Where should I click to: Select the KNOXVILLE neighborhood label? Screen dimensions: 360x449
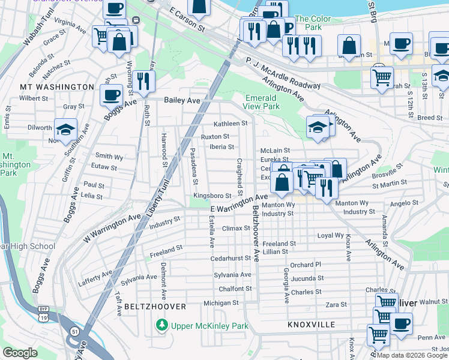(311, 324)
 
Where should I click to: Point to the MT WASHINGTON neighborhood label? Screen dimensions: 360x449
(57, 87)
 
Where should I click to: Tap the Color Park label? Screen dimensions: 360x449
(313, 23)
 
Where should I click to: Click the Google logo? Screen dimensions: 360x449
(20, 352)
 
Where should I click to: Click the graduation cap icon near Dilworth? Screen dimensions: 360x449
(65, 128)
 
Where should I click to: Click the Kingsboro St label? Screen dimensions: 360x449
(212, 196)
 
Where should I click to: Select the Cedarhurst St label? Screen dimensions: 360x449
(230, 259)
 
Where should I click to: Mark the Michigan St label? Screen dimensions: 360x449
(221, 304)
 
